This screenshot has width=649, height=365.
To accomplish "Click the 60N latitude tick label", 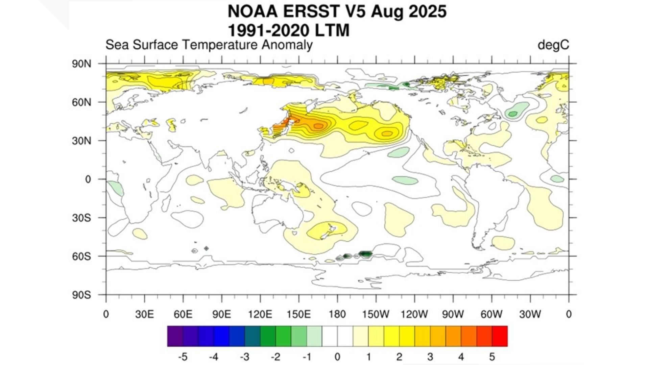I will coord(81,102).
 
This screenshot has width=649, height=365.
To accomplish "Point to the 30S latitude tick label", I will coord(81,218).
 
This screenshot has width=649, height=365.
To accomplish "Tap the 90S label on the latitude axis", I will coord(81,295).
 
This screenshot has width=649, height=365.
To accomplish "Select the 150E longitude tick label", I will coord(298,314).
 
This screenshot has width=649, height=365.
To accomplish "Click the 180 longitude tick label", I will coord(337,314).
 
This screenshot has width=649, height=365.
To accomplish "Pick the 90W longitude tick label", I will coord(453,314).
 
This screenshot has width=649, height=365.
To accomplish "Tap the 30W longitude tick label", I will coord(530,314).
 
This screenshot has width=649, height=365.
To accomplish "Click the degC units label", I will coord(553,45).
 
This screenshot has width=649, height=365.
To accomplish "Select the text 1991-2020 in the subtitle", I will coord(269,31).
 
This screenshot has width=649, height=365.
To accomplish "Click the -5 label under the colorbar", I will coord(183,357).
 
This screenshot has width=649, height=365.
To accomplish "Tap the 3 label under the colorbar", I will coord(430,357).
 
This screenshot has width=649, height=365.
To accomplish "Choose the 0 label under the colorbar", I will coord(337,357).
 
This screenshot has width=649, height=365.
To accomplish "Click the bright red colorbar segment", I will coord(500,336).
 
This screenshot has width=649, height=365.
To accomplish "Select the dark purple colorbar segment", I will coord(175,336).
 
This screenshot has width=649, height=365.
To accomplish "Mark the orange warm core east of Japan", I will coord(318,126).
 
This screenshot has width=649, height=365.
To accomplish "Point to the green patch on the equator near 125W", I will coord(405,180).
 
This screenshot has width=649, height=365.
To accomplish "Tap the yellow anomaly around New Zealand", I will coord(326,230).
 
